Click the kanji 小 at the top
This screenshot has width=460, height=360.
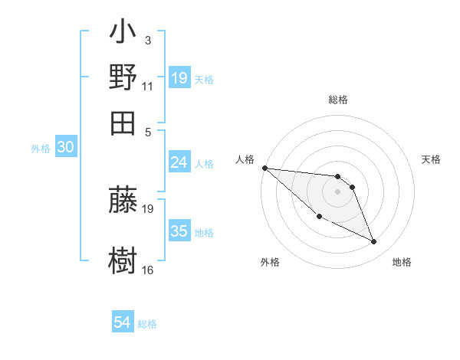[x=123, y=35]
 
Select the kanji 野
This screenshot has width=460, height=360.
[x=123, y=77]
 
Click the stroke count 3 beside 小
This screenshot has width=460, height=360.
[x=147, y=40]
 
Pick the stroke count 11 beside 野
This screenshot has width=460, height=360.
[x=148, y=87]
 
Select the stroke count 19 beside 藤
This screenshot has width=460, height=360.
[x=148, y=208]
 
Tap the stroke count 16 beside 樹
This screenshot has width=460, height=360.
[x=148, y=270]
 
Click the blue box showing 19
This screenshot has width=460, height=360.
[x=179, y=78]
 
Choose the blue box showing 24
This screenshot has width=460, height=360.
[x=179, y=162]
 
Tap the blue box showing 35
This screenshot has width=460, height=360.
[x=179, y=231]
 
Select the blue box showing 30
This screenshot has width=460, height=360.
[x=65, y=148]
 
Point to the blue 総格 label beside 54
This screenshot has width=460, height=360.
[x=147, y=324]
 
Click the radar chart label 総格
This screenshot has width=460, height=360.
[x=338, y=100]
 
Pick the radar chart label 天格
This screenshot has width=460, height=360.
[x=432, y=159]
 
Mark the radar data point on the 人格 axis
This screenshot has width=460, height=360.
[x=264, y=168]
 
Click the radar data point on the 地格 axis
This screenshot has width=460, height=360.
[x=374, y=242]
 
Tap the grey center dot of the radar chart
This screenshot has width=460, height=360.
[x=338, y=191]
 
